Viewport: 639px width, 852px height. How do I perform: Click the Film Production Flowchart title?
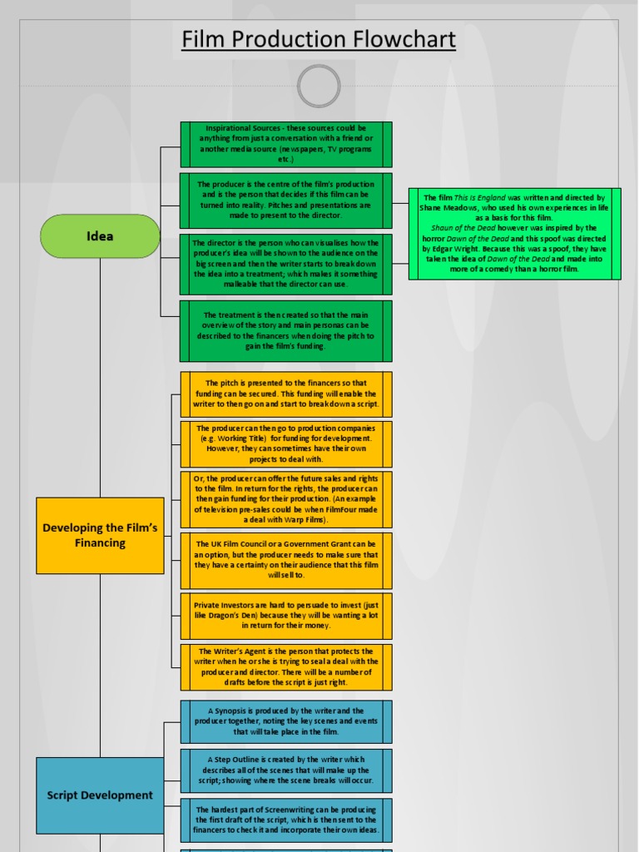pos(319,39)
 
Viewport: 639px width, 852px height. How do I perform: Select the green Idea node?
pos(100,235)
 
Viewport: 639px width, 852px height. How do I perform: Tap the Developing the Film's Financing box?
pos(100,535)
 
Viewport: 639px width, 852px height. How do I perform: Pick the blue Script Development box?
pos(100,795)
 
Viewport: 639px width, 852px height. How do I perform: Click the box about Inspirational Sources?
pos(285,144)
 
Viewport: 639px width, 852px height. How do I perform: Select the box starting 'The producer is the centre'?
pos(285,200)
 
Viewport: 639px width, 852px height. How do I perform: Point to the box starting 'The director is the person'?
pos(285,263)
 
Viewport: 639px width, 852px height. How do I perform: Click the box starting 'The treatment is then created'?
pos(285,330)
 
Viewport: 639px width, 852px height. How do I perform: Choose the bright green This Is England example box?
pos(514,233)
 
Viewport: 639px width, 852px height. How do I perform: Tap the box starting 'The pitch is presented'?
pos(285,394)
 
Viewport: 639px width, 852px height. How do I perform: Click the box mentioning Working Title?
pos(285,443)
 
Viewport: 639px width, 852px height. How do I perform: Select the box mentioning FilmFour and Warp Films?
pos(285,499)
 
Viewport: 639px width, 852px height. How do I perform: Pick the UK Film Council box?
pos(285,559)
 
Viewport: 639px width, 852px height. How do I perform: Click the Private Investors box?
pos(285,615)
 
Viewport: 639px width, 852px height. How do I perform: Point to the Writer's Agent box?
pos(285,666)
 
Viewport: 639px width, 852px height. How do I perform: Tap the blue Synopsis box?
pos(285,721)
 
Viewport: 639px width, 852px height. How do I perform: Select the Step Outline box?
pos(285,770)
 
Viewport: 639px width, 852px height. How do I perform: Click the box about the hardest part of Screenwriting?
pos(285,820)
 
